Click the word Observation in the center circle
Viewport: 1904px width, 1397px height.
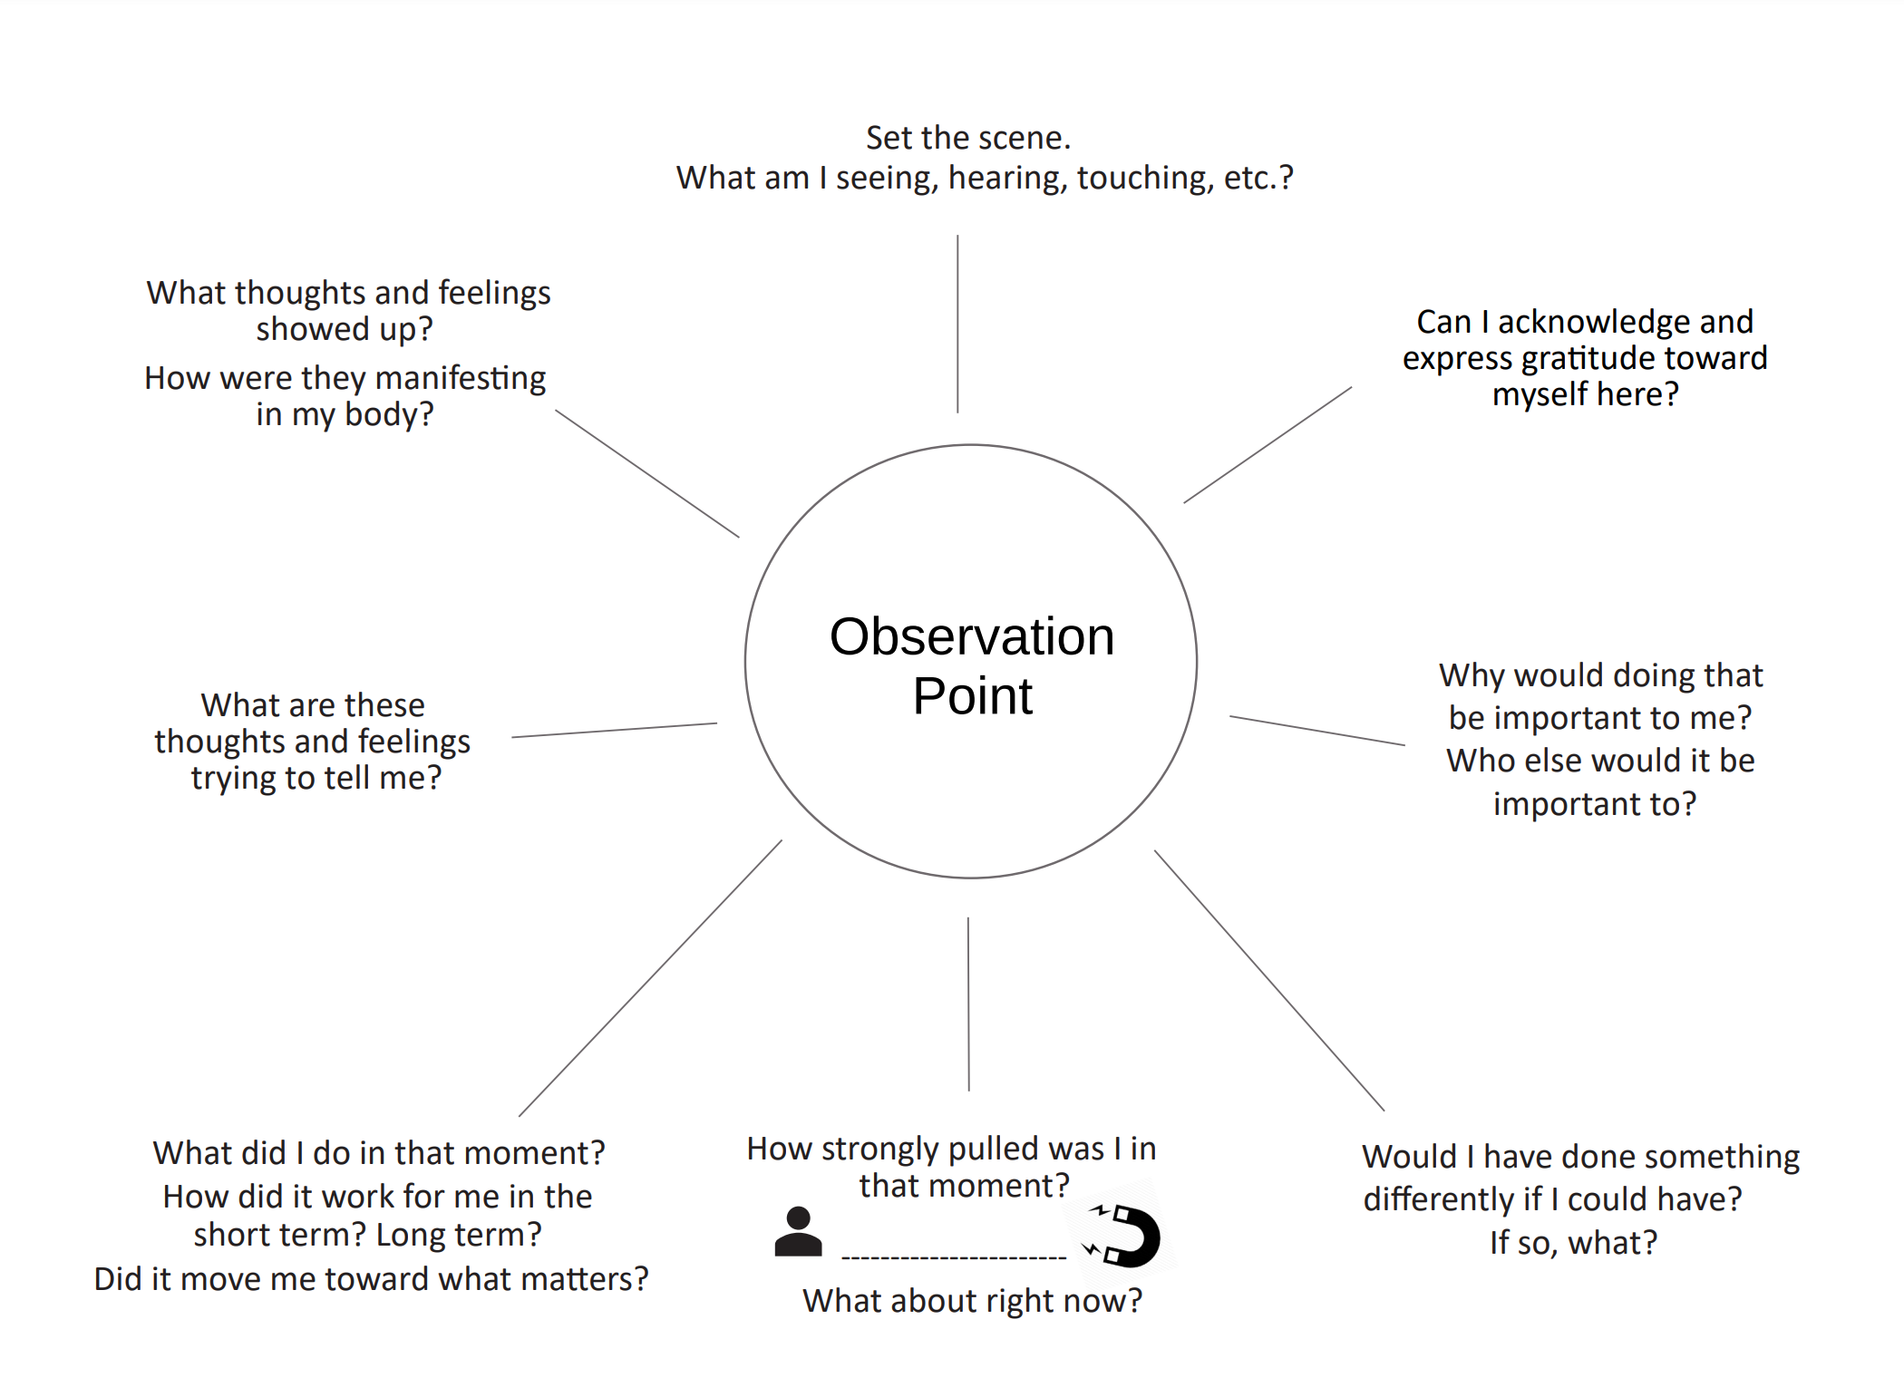tap(971, 636)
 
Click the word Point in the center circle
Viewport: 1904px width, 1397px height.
tap(971, 696)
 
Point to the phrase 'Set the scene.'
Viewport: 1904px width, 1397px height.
tap(967, 138)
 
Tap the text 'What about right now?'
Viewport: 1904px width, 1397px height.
tap(972, 1301)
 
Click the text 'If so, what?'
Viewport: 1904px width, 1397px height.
tap(1573, 1243)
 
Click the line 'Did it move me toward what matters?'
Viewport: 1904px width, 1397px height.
tap(371, 1279)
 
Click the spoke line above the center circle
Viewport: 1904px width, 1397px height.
tap(957, 324)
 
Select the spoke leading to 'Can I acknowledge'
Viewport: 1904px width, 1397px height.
tap(1268, 445)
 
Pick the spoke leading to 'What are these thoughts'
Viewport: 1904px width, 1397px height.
tap(614, 731)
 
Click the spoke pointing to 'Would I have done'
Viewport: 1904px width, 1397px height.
tap(1268, 980)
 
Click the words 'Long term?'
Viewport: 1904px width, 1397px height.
tap(459, 1235)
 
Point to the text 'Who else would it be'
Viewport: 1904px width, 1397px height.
tap(1600, 761)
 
